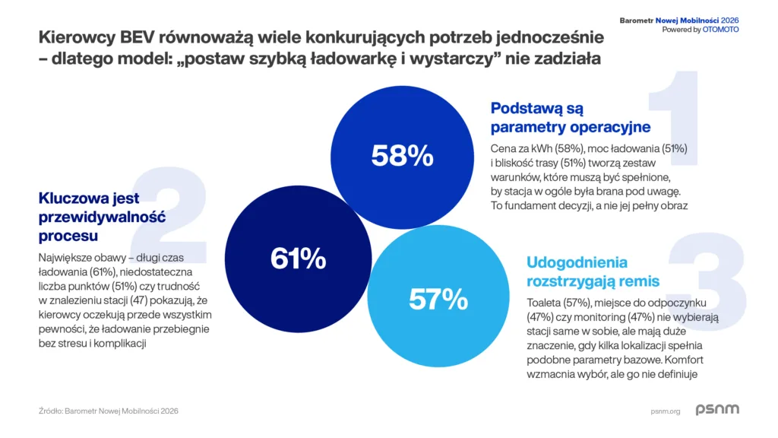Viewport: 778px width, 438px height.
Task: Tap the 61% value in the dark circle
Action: (x=298, y=259)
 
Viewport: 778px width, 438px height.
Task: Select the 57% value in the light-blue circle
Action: (x=438, y=299)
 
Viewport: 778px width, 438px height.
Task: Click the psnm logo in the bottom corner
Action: (x=716, y=410)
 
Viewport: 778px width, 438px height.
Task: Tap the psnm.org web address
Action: (x=665, y=411)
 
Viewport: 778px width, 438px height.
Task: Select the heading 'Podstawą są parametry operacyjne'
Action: (x=570, y=117)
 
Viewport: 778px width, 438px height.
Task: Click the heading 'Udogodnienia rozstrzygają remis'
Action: (x=593, y=271)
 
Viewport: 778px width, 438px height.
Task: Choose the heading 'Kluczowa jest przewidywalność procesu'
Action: (x=102, y=217)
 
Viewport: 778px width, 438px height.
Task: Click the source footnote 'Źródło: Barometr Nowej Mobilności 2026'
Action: (x=109, y=411)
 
